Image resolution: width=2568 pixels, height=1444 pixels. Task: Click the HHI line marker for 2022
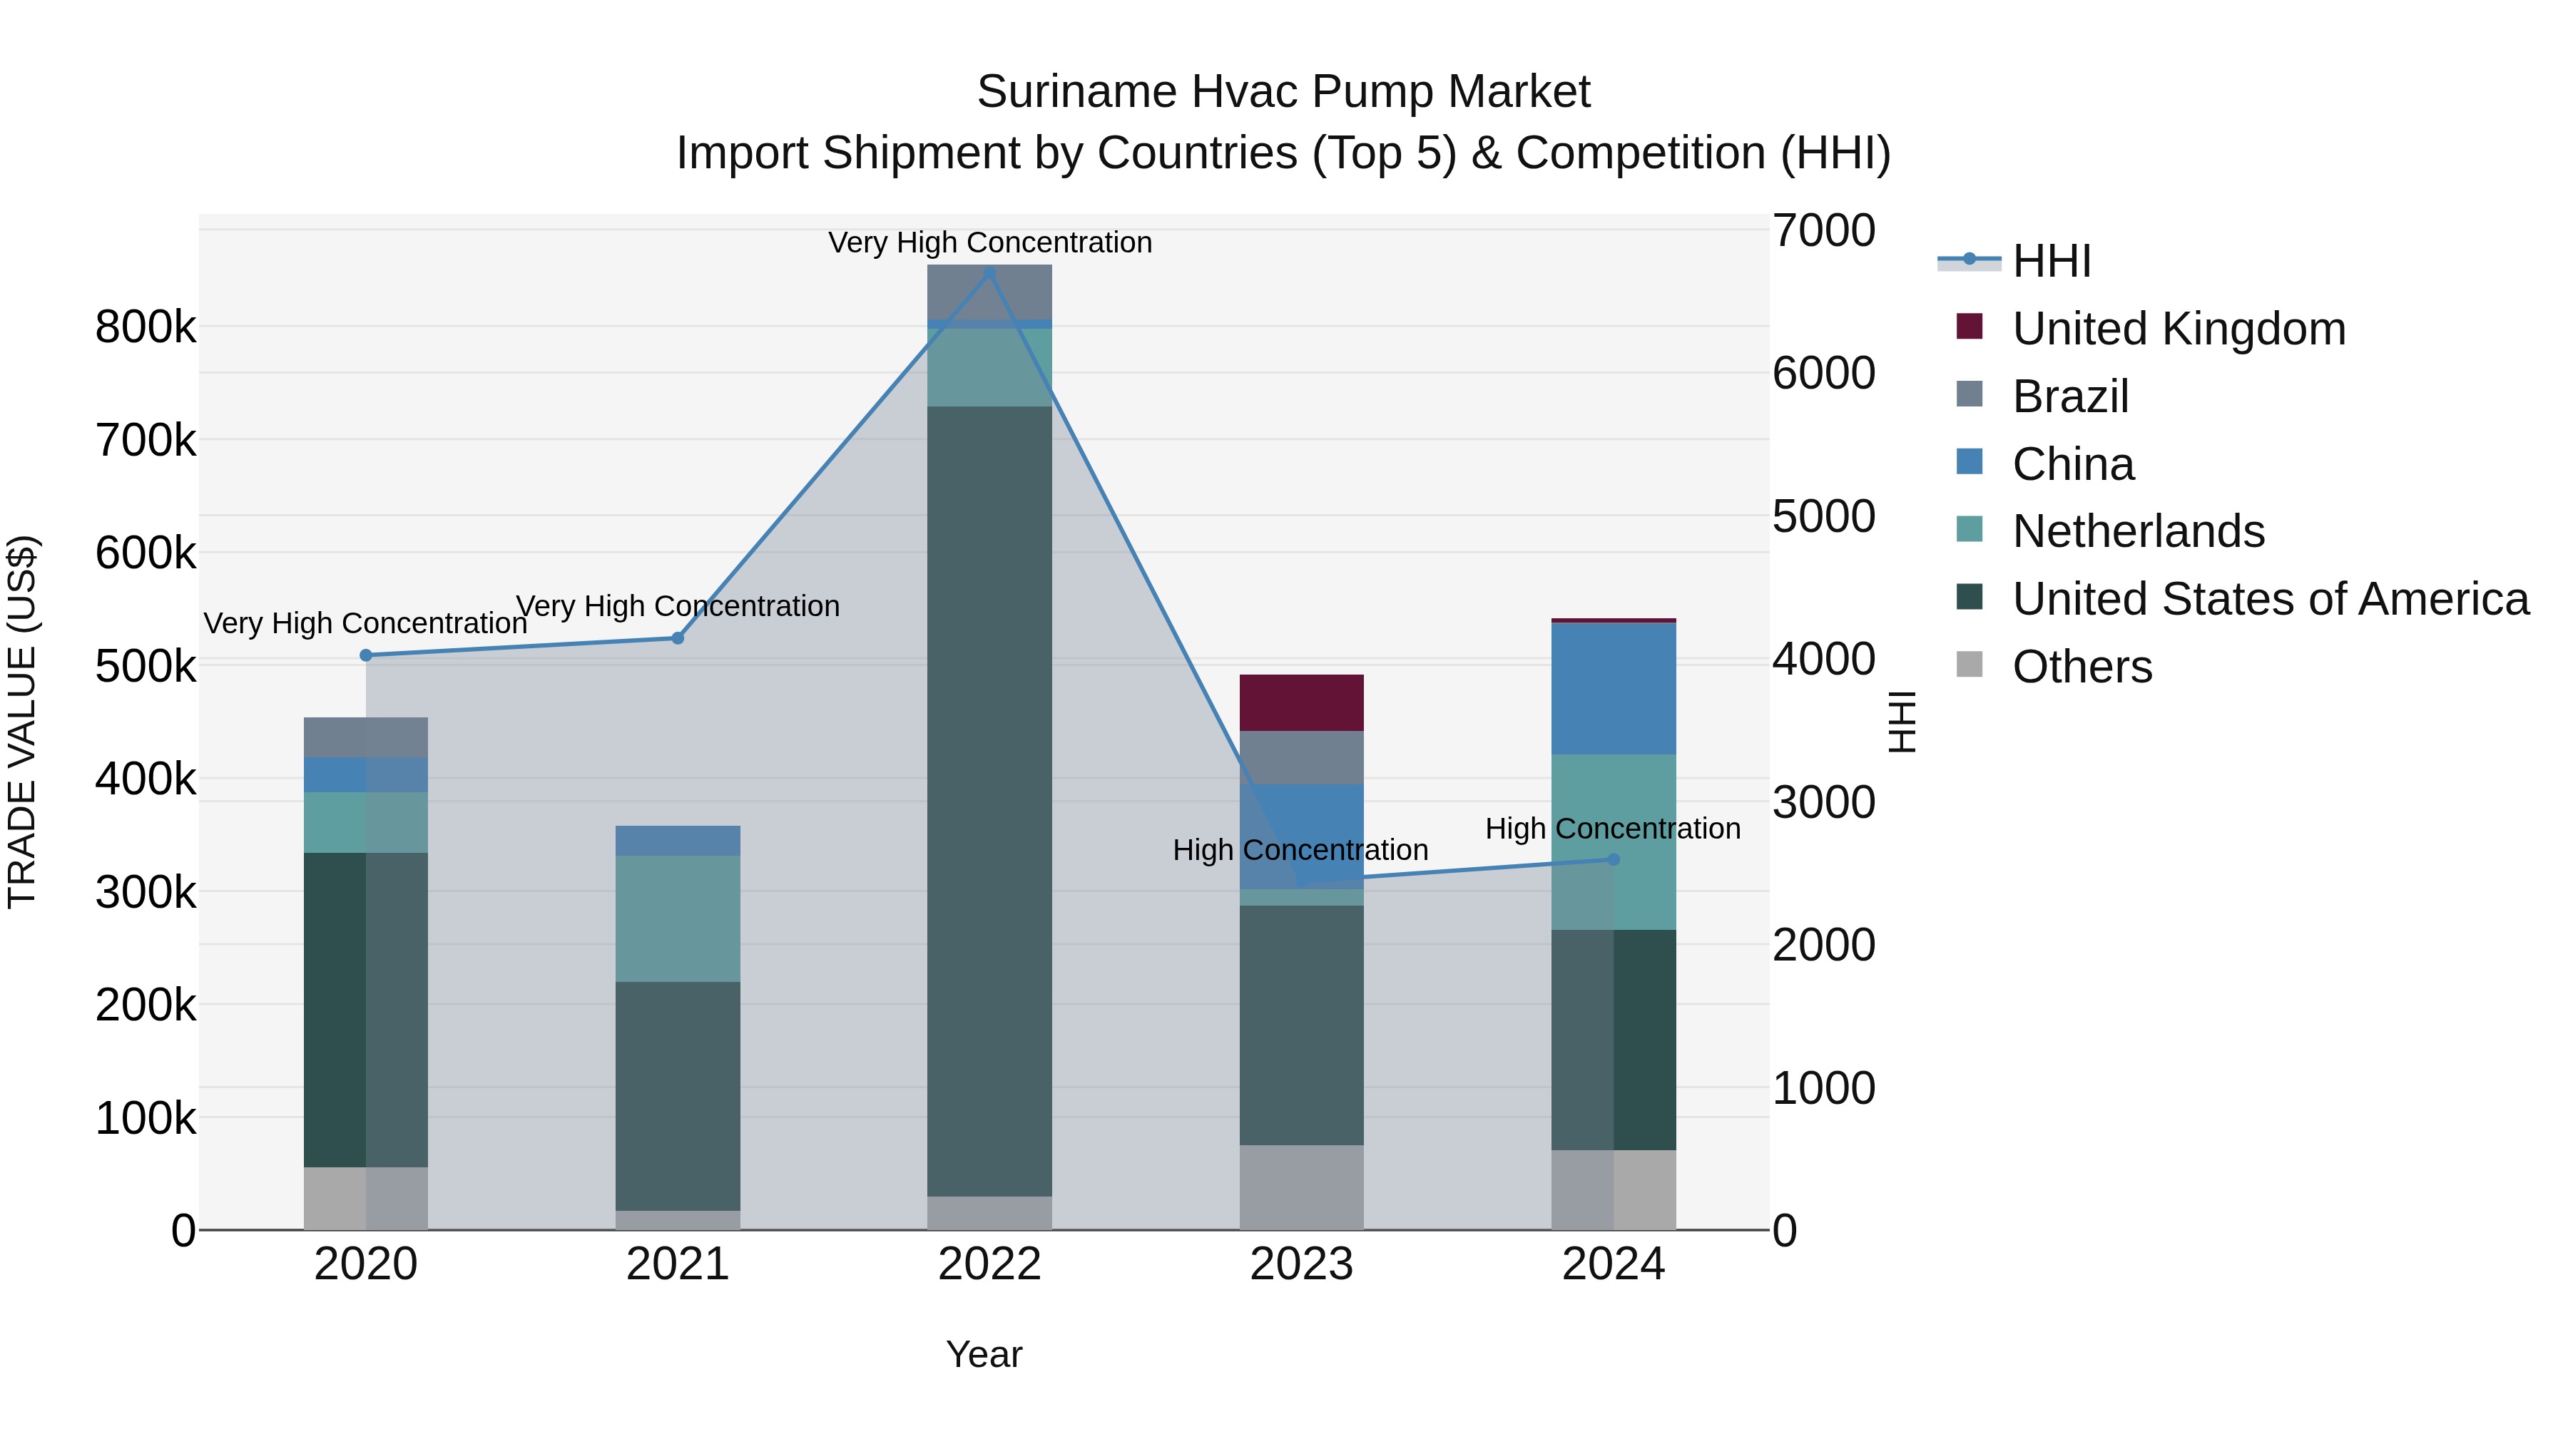(989, 273)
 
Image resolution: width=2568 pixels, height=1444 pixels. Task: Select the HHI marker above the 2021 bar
(678, 637)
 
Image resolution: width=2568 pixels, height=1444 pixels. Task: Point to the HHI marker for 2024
(1613, 859)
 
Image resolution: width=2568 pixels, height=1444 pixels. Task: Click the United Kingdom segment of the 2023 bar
(1301, 702)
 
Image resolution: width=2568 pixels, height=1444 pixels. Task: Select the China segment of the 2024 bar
(1613, 687)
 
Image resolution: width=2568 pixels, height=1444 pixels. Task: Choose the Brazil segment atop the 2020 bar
(366, 737)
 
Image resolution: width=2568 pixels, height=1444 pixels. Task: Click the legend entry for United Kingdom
(2179, 329)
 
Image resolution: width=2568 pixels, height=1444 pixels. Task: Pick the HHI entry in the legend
(2051, 261)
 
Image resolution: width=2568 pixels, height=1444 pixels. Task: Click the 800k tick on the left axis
(146, 327)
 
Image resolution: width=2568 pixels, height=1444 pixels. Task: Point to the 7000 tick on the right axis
(1823, 230)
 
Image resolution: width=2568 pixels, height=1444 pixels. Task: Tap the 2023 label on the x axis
(1301, 1264)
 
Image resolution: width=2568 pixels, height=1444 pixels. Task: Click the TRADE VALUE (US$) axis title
(22, 722)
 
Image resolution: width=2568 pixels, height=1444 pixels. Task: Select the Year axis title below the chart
(984, 1354)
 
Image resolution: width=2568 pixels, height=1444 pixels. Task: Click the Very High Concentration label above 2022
(989, 242)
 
